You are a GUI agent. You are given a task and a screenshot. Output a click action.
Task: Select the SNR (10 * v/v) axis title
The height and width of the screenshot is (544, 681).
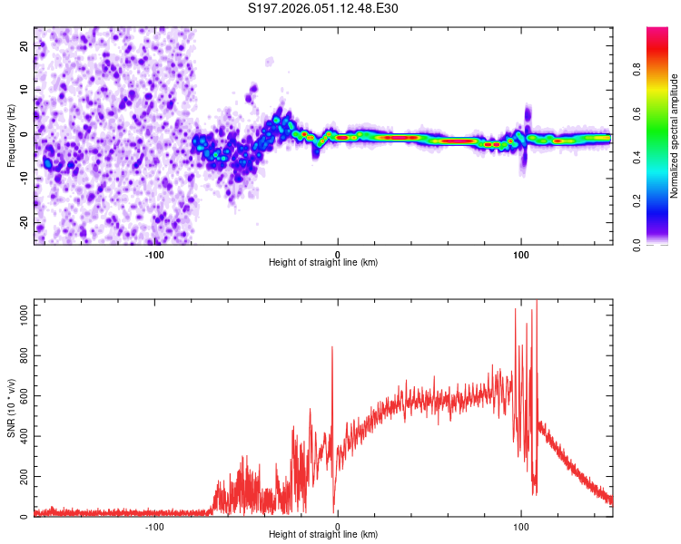pyautogui.click(x=11, y=408)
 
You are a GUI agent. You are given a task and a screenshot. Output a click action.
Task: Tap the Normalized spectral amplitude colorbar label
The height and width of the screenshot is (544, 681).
pyautogui.click(x=675, y=136)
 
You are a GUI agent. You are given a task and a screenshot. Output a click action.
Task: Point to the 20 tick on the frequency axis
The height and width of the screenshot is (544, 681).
pyautogui.click(x=25, y=44)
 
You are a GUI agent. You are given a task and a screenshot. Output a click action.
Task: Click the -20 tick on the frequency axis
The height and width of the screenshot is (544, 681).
pyautogui.click(x=23, y=222)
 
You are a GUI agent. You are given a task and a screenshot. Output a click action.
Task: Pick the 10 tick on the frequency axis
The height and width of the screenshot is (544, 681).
pyautogui.click(x=25, y=89)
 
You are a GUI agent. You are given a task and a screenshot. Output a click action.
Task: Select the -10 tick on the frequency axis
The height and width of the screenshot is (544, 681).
pyautogui.click(x=23, y=178)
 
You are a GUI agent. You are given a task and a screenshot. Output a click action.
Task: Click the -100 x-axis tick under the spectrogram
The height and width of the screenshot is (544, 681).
pyautogui.click(x=153, y=254)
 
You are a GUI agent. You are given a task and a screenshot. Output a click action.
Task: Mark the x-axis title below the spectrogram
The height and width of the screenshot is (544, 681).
pyautogui.click(x=323, y=263)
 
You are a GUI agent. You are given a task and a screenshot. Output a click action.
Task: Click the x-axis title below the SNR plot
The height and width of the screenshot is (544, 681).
pyautogui.click(x=323, y=535)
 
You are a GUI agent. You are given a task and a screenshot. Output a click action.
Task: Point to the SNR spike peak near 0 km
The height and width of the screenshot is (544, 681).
pyautogui.click(x=332, y=346)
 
